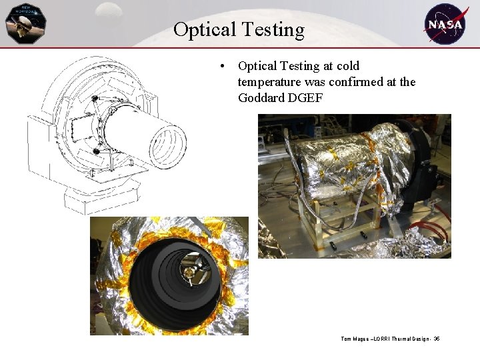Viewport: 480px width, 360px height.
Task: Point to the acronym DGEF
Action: point(307,98)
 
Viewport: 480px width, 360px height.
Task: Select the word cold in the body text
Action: point(347,66)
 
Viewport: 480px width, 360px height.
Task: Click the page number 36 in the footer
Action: point(436,339)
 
